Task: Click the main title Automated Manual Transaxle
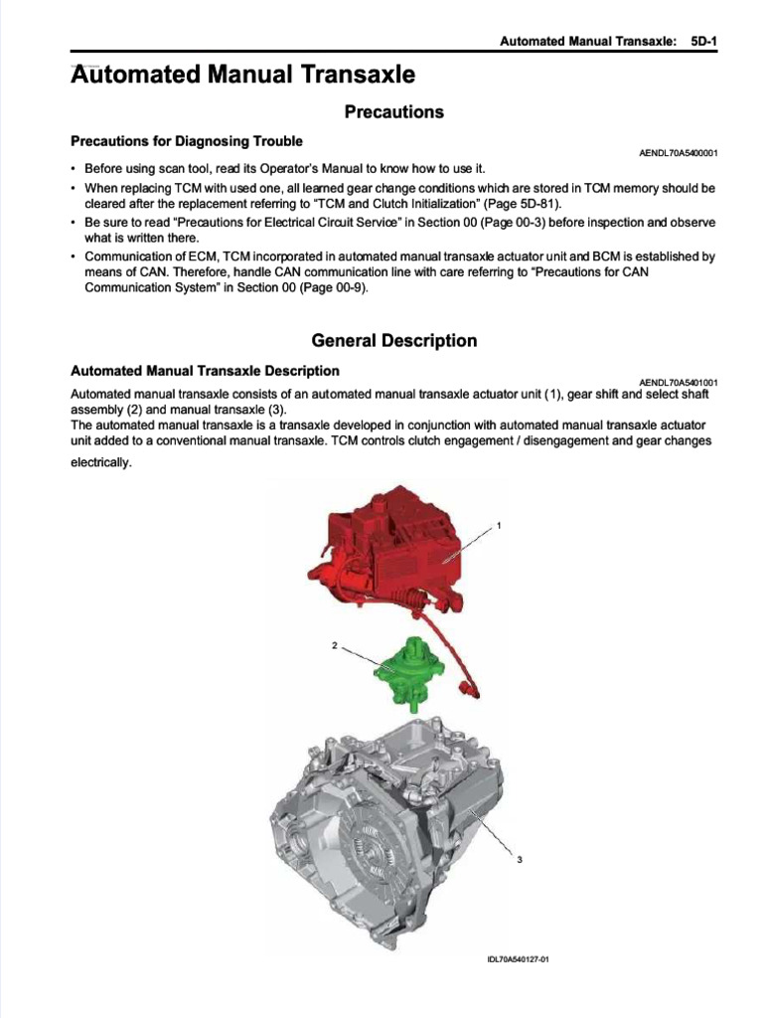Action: tap(243, 75)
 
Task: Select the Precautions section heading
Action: tap(393, 112)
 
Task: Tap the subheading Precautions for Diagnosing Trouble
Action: tap(186, 141)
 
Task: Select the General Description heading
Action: tap(393, 341)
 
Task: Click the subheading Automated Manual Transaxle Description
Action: tap(205, 371)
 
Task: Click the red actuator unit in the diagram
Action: tap(397, 547)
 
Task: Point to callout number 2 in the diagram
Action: tap(336, 645)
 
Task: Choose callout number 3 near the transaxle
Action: tap(520, 861)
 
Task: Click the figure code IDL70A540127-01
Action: tap(518, 958)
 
